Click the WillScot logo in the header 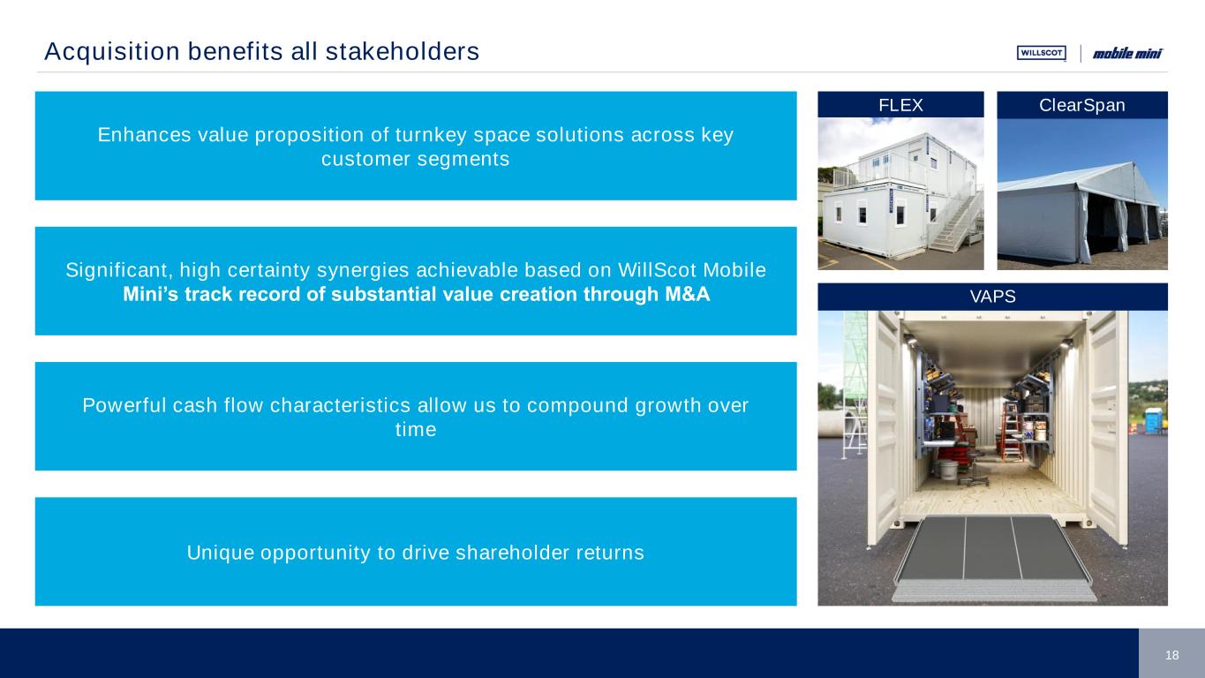1042,53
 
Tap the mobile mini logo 1127,53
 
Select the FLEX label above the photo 900,105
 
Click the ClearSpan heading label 1081,105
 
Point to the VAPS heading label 992,297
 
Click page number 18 1171,655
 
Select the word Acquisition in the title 112,52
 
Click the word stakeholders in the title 403,52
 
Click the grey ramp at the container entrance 993,557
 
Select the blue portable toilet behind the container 1153,421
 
